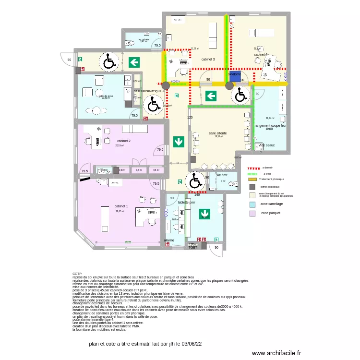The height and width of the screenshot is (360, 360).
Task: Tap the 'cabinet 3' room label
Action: [x=208, y=60]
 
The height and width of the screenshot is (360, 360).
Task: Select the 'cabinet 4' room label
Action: [x=261, y=55]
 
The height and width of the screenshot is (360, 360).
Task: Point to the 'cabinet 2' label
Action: [x=123, y=141]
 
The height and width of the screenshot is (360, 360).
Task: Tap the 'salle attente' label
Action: [x=217, y=133]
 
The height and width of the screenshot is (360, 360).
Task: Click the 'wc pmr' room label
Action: [x=222, y=175]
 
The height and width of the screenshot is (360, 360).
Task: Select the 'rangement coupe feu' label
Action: [x=270, y=126]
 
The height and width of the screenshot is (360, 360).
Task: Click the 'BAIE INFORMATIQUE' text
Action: [x=147, y=91]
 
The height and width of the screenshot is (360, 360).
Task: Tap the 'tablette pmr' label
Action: [x=186, y=203]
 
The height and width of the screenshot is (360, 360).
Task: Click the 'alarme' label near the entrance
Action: [x=169, y=240]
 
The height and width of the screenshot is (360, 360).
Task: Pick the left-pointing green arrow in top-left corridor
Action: [x=134, y=61]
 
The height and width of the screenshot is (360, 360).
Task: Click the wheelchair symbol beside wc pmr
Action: [x=195, y=181]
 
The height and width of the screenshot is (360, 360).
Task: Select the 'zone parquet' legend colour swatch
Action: [x=252, y=213]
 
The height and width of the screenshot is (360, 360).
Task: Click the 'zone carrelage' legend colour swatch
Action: [x=252, y=204]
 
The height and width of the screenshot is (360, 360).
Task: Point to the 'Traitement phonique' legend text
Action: [x=272, y=179]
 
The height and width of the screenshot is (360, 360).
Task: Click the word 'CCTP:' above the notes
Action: [x=77, y=274]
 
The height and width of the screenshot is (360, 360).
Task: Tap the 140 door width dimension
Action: [x=197, y=194]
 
